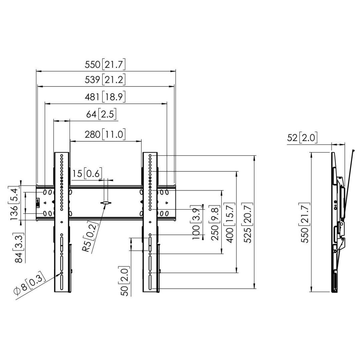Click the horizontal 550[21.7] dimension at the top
click(105, 64)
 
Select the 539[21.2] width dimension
click(105, 80)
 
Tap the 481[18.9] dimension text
click(105, 97)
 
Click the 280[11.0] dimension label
click(105, 134)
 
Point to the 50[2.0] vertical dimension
click(125, 281)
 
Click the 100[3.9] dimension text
click(196, 223)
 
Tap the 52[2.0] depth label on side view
click(302, 137)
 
